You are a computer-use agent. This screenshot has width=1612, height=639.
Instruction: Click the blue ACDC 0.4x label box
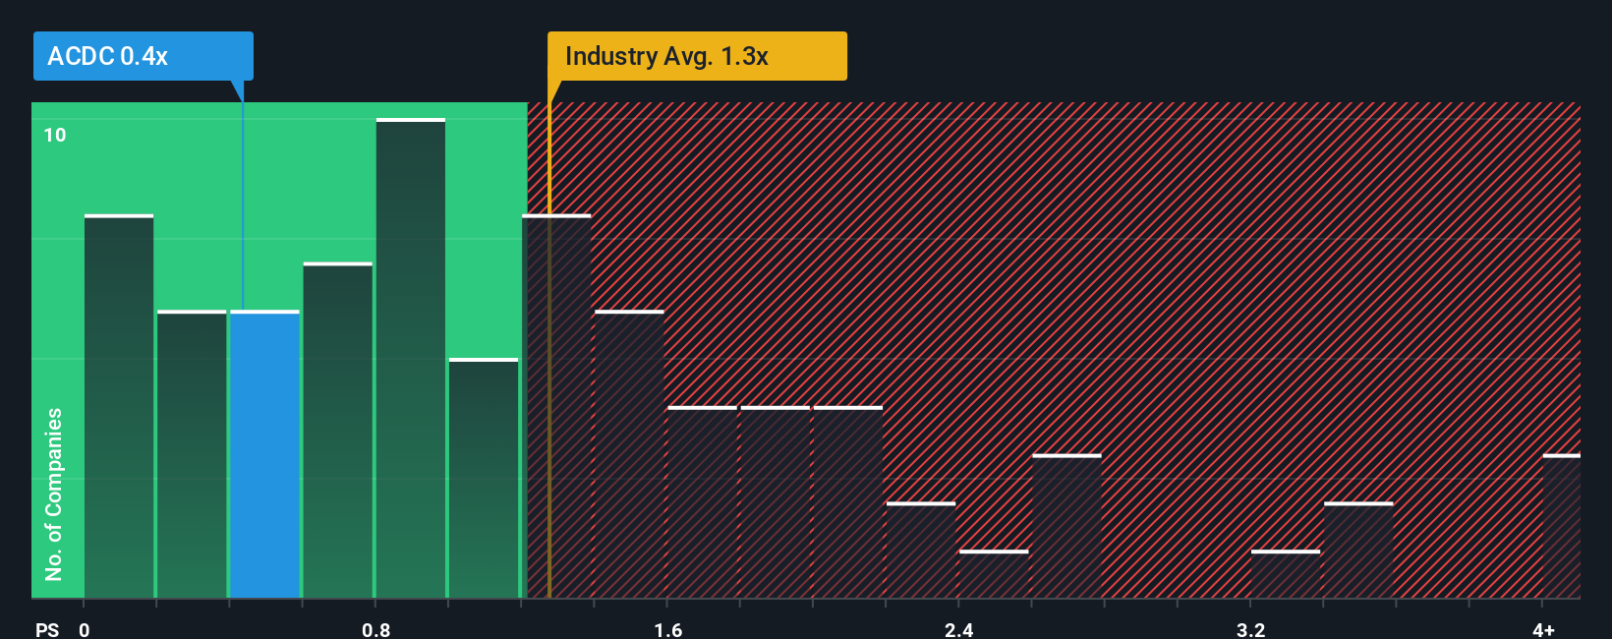143,56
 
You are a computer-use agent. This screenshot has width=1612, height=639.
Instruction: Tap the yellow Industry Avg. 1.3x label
696,56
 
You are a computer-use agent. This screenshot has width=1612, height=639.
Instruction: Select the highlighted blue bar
264,454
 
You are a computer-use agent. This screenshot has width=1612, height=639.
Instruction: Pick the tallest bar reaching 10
411,359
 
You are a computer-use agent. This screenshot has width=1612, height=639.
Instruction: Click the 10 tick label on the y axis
55,135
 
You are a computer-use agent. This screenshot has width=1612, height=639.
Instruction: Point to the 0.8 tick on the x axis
375,629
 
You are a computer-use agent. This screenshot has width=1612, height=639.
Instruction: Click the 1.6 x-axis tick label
667,629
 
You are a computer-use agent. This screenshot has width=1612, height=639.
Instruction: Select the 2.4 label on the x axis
958,629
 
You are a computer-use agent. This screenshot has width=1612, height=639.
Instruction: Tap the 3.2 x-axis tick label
1250,629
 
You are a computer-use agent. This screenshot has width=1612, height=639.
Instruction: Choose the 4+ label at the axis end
1543,629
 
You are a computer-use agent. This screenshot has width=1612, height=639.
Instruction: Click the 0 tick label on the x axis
85,629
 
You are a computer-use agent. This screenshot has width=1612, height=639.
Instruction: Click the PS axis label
47,629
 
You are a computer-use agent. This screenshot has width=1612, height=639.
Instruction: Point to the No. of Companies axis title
54,494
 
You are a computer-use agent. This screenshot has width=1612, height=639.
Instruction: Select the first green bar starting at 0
119,406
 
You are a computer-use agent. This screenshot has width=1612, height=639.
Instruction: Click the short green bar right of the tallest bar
484,478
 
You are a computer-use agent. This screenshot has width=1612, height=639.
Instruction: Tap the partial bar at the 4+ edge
1561,526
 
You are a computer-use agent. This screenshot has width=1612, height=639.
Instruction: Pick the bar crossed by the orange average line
556,406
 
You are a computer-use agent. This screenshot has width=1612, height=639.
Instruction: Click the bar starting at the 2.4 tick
994,574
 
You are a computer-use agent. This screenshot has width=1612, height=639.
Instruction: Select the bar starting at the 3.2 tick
1286,574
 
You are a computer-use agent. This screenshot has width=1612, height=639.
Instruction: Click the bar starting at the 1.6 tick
702,502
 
